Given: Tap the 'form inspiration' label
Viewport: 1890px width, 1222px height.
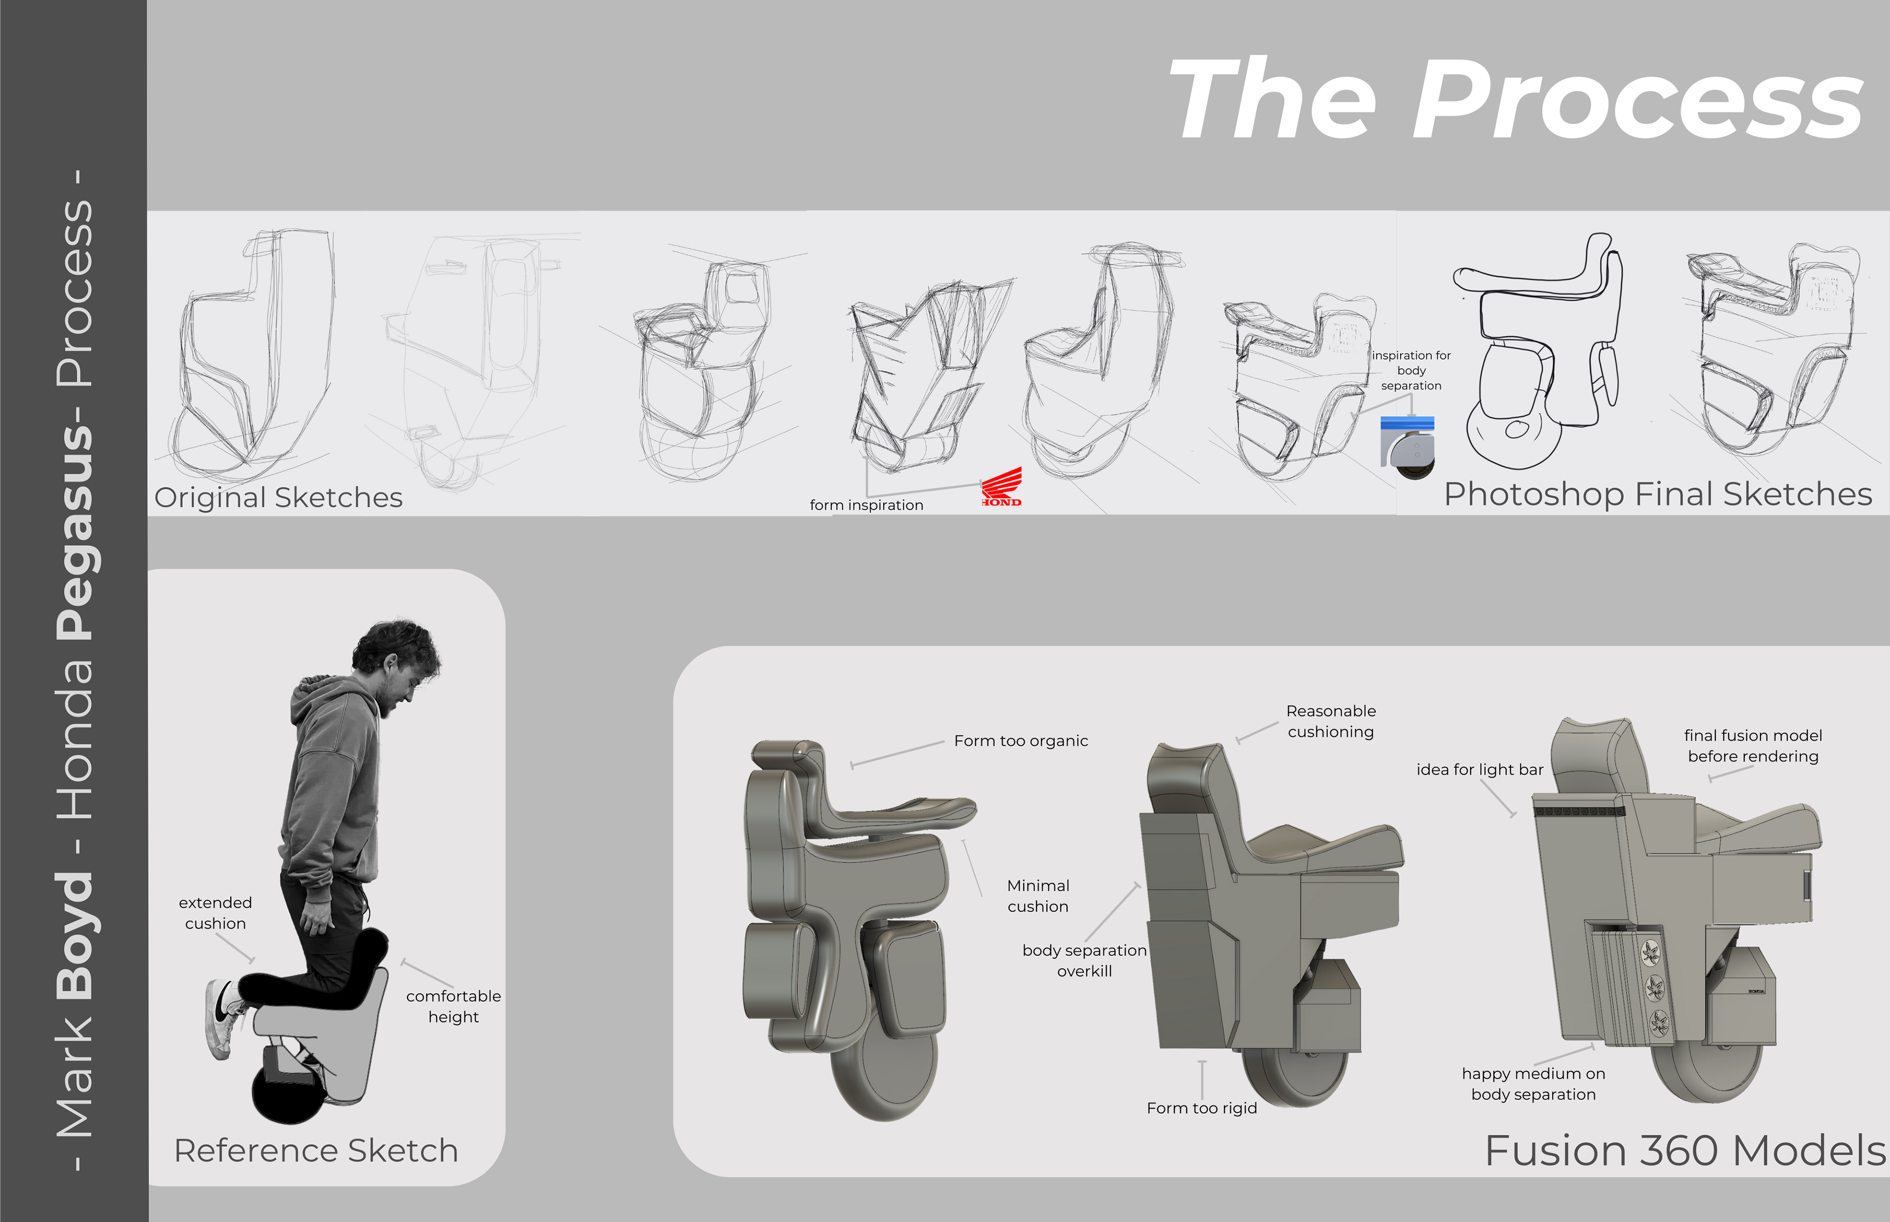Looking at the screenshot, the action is point(866,505).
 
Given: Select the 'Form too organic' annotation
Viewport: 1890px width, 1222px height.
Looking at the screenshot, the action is point(1021,740).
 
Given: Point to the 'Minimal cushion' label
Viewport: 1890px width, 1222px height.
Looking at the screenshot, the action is point(1039,896).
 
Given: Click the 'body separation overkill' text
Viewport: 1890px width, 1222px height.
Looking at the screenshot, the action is point(1084,960).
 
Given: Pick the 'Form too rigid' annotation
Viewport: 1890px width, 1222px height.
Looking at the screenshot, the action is point(1202,1108).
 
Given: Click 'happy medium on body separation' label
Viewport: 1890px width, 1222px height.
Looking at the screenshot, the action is point(1534,1084).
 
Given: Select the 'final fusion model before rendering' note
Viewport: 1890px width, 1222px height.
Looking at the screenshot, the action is point(1753,746).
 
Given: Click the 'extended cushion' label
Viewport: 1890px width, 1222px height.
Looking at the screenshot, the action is point(215,913).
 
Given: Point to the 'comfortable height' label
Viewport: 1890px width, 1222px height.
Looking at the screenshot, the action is point(453,1006).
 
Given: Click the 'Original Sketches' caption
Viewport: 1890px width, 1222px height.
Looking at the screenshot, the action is point(279,497).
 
